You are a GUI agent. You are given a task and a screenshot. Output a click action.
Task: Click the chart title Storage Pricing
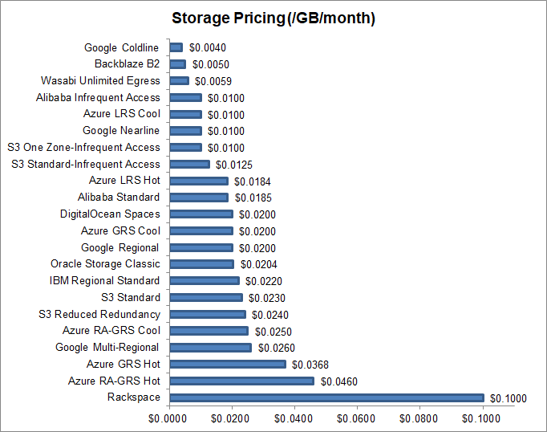coord(273,18)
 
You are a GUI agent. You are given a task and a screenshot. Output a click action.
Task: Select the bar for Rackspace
coord(326,397)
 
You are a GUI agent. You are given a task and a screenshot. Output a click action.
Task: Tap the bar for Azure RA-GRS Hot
coord(241,381)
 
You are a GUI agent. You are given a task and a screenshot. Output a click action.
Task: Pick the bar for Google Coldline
coord(176,47)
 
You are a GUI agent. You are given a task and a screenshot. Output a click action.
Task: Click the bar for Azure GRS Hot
coord(228,364)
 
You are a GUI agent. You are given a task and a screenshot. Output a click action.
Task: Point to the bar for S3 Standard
coord(206,297)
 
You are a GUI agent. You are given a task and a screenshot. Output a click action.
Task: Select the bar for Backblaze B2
coord(178,64)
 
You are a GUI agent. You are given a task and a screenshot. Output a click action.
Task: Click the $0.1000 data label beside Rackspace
coord(509,398)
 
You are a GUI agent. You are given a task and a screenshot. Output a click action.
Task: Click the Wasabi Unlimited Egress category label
coord(100,80)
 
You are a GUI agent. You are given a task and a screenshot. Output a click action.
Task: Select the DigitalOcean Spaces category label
coord(110,214)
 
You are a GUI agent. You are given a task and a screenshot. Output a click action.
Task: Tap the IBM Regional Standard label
coord(104,280)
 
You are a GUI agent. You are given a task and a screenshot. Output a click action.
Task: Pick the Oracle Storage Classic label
coord(105,263)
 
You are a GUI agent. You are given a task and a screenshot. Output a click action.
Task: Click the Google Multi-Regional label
coord(107,347)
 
